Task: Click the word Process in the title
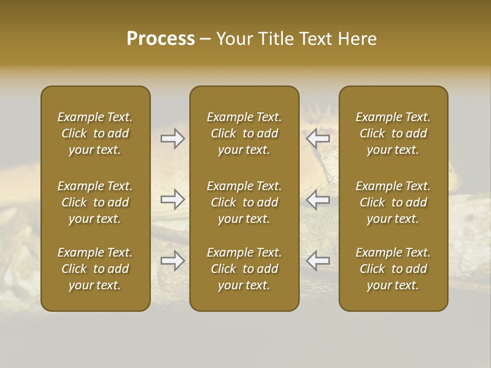[x=161, y=39]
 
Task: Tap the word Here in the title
[x=357, y=39]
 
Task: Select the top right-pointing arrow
[x=172, y=139]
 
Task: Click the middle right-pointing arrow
[x=172, y=199]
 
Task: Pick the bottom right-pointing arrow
[x=172, y=261]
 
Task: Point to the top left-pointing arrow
[x=318, y=139]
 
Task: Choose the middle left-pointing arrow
[x=318, y=199]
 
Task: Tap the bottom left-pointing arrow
[x=318, y=261]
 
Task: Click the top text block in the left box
[x=95, y=133]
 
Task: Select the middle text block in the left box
[x=95, y=202]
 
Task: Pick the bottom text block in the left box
[x=95, y=269]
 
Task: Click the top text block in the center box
[x=244, y=133]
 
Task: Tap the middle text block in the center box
[x=244, y=202]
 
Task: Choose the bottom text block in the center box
[x=244, y=269]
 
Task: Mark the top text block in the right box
[x=393, y=133]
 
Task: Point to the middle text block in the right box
[x=393, y=202]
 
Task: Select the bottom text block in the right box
[x=393, y=269]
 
